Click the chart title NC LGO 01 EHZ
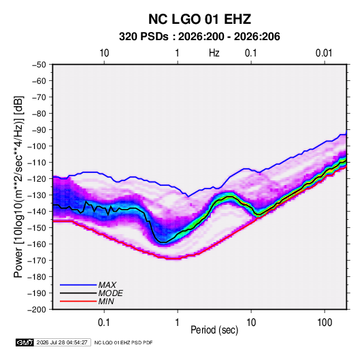199,19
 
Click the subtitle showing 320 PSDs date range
199,37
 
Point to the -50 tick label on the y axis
39,65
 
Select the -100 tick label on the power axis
37,146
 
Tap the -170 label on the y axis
37,261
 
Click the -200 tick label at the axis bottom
37,310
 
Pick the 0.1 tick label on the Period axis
104,323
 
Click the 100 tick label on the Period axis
325,323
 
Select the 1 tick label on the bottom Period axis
178,323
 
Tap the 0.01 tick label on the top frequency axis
324,53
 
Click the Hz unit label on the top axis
214,53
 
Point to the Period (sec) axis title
214,330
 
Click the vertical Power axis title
18,187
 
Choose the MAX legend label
107,285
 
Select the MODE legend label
110,293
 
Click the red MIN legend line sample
78,301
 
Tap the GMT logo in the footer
25,342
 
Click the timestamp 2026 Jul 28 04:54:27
62,342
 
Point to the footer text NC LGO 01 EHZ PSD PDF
124,342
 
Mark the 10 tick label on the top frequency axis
104,53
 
